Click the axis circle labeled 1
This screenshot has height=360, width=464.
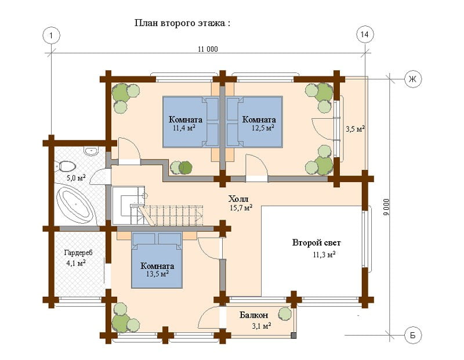(x=52, y=35)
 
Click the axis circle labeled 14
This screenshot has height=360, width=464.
(x=365, y=35)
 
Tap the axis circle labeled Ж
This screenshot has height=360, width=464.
(x=413, y=79)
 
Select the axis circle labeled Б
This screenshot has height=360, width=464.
(x=413, y=336)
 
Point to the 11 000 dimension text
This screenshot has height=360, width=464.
(x=208, y=49)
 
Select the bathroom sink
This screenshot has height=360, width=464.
(x=90, y=151)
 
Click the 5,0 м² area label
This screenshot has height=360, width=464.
(x=76, y=178)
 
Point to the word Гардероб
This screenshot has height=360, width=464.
(x=78, y=253)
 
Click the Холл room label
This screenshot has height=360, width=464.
(x=238, y=199)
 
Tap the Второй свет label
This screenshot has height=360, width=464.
(x=316, y=243)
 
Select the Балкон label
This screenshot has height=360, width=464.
(x=254, y=315)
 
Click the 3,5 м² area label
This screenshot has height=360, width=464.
(x=355, y=129)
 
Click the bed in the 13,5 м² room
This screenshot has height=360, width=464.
(x=157, y=260)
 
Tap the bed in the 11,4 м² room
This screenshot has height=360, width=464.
(x=191, y=122)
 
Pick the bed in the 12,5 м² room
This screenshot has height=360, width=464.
(x=255, y=122)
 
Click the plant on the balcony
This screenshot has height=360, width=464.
(x=285, y=314)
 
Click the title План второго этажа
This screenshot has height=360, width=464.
(x=182, y=23)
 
